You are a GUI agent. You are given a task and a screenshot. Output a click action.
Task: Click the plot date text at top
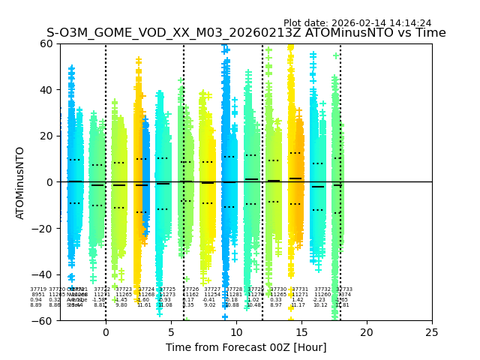pyautogui.click(x=357, y=23)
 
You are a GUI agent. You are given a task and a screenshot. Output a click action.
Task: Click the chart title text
pyautogui.click(x=246, y=34)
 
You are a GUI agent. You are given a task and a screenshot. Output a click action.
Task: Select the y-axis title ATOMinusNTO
pyautogui.click(x=21, y=182)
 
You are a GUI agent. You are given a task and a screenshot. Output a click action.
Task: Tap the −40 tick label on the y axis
pyautogui.click(x=43, y=274)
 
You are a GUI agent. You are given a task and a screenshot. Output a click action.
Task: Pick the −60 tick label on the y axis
pyautogui.click(x=43, y=320)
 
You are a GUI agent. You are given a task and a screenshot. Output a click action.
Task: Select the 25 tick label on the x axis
pyautogui.click(x=432, y=331)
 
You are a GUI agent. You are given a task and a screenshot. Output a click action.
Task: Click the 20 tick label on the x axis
pyautogui.click(x=367, y=331)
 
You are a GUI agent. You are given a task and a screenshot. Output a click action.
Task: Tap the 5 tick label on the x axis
pyautogui.click(x=171, y=331)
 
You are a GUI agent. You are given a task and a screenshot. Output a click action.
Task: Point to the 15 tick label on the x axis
pyautogui.click(x=301, y=331)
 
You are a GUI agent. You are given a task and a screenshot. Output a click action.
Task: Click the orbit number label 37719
pyautogui.click(x=37, y=289)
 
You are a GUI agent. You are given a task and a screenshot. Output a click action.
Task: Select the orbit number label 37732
pyautogui.click(x=322, y=289)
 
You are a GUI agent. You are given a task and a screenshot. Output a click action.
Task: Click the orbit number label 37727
pyautogui.click(x=212, y=289)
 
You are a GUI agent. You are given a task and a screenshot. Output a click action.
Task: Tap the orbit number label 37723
pyautogui.click(x=124, y=289)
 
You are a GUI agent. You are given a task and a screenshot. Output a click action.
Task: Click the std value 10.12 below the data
pyautogui.click(x=320, y=305)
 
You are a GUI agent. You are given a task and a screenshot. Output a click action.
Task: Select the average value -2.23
pyautogui.click(x=320, y=300)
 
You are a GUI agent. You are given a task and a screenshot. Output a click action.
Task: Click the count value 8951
pyautogui.click(x=37, y=295)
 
